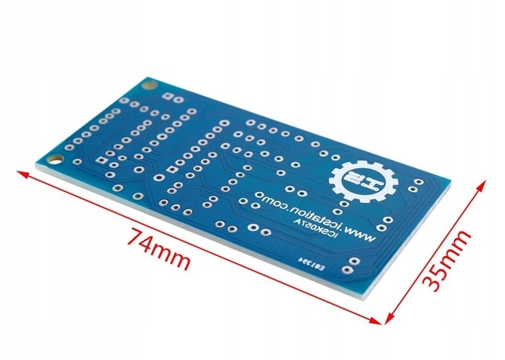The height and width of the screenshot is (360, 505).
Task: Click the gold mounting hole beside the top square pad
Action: pos(149,84)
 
